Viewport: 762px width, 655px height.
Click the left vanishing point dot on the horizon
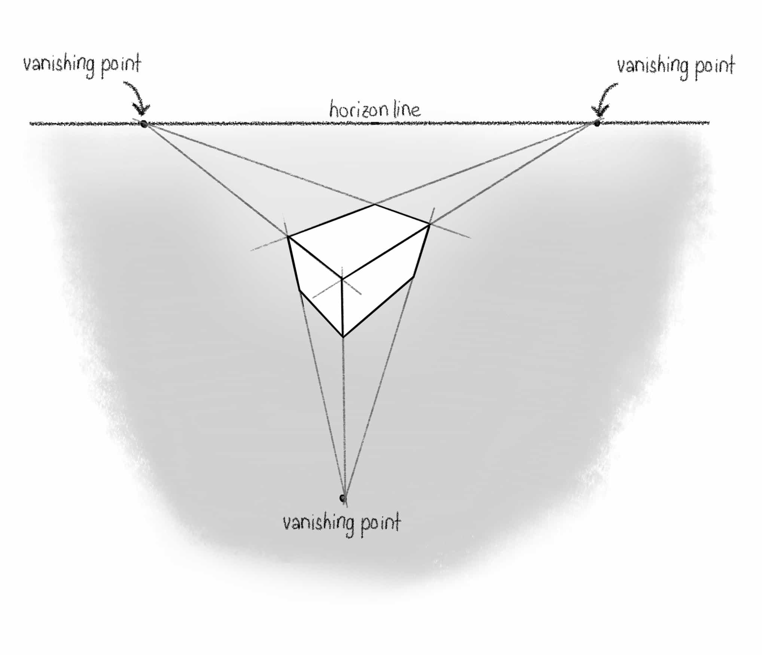point(143,124)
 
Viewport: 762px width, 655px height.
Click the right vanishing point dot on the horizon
point(597,123)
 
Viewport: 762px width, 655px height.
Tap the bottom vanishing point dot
point(342,498)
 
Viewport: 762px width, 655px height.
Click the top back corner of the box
point(375,205)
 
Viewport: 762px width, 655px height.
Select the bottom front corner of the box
point(343,337)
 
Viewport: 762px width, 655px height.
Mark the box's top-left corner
point(288,236)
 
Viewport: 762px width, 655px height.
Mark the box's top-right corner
point(429,224)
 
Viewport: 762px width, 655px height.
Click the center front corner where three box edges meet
point(342,278)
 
